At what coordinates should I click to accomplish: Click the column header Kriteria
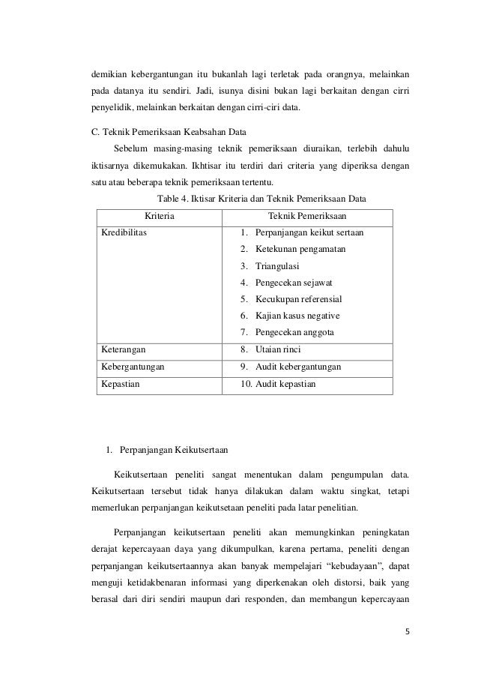click(x=160, y=216)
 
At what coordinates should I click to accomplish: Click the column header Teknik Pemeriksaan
click(x=307, y=216)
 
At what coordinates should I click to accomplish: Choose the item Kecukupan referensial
click(x=298, y=299)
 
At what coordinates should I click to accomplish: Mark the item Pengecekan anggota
click(x=294, y=332)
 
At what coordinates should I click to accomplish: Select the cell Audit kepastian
click(x=285, y=385)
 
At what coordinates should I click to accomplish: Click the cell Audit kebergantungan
click(x=297, y=367)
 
